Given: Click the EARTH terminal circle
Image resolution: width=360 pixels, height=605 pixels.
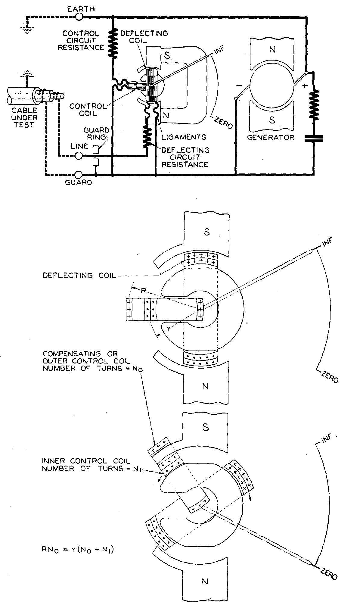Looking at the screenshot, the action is (x=79, y=17).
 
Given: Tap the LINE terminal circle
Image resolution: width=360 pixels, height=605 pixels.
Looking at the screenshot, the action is (x=79, y=156).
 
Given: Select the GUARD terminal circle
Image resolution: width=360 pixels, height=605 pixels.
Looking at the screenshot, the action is (x=79, y=175).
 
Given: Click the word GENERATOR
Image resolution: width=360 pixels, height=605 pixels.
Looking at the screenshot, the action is (x=271, y=138).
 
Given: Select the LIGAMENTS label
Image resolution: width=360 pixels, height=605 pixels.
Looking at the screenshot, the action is (x=184, y=137).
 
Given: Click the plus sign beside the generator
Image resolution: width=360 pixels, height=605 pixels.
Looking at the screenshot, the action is (x=305, y=86).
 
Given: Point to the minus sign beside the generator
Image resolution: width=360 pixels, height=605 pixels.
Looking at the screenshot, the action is (x=240, y=86).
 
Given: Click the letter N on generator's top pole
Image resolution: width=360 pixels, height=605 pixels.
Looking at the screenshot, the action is (x=272, y=49).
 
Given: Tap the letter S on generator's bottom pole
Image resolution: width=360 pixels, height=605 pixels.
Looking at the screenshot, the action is (x=272, y=120).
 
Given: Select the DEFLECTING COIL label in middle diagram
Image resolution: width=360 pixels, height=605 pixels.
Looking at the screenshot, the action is (x=80, y=275).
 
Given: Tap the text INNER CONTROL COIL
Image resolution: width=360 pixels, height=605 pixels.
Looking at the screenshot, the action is (x=86, y=461).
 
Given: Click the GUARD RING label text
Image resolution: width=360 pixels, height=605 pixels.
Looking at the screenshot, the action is (x=100, y=134).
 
